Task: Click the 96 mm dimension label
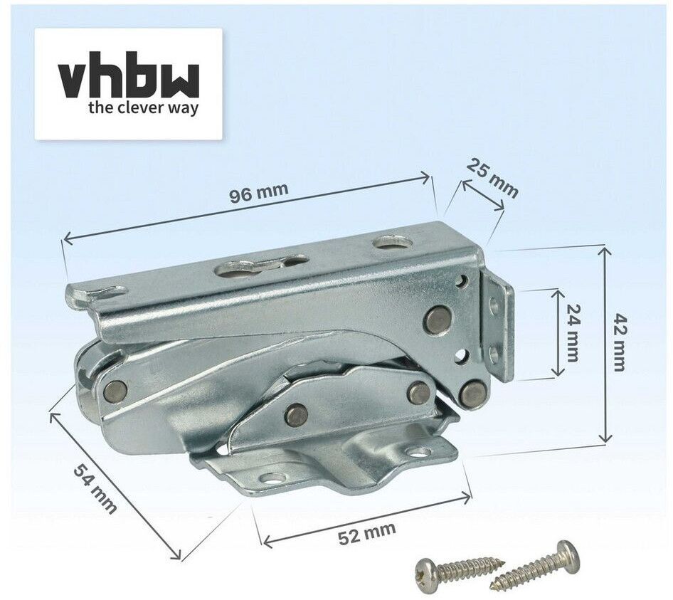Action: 258,194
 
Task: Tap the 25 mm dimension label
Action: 492,178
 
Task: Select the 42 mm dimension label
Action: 620,342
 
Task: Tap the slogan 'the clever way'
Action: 144,107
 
